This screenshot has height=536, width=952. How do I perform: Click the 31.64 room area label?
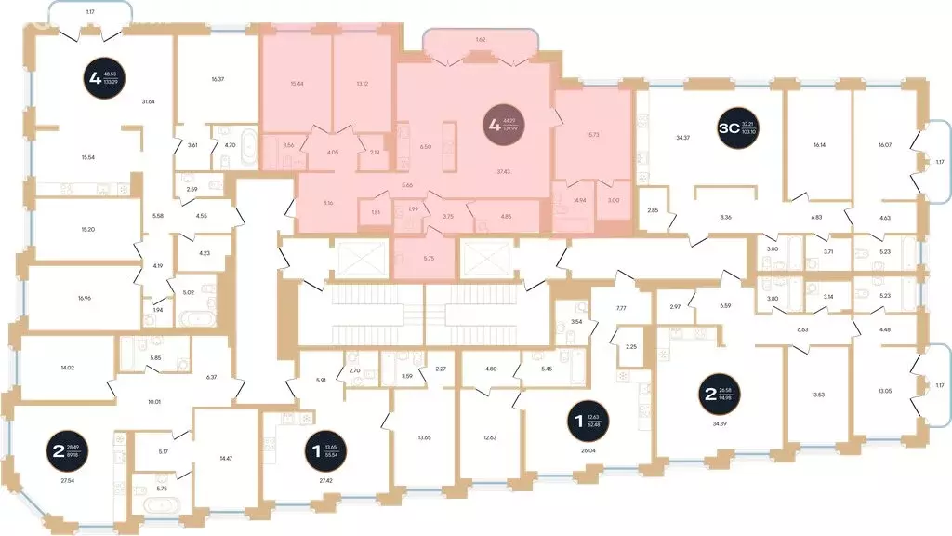click(x=148, y=102)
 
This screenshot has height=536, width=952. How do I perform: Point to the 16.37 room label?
click(x=218, y=79)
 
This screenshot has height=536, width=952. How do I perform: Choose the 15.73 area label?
click(x=593, y=135)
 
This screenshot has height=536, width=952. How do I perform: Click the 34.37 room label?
click(x=682, y=139)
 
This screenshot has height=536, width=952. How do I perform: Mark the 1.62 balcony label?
click(x=480, y=40)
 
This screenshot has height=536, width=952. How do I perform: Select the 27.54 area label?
click(x=67, y=481)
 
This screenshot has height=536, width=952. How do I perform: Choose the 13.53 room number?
click(x=818, y=395)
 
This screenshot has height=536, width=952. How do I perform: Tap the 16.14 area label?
click(x=819, y=145)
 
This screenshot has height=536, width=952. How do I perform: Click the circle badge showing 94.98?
click(x=719, y=394)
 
